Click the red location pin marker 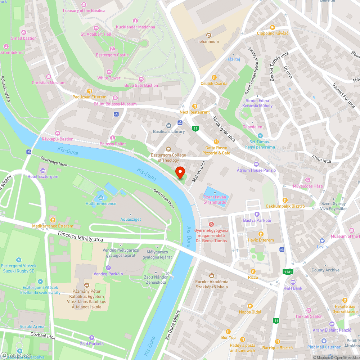(x=180, y=172)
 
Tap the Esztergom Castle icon (x=112, y=49)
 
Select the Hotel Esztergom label (x=43, y=176)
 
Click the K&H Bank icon (x=293, y=282)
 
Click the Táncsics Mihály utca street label (x=80, y=237)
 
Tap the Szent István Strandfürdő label (x=215, y=199)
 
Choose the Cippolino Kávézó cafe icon (x=273, y=27)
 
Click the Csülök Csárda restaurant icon (x=214, y=77)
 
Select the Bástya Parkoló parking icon (x=257, y=214)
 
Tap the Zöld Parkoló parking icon (x=91, y=338)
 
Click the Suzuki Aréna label (x=32, y=327)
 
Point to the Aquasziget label (x=131, y=219)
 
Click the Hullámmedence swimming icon (x=100, y=197)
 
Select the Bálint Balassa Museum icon (x=115, y=98)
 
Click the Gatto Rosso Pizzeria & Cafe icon (x=216, y=142)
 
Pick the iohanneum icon (x=208, y=35)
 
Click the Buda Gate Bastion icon (x=141, y=79)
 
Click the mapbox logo (x=16, y=355)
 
